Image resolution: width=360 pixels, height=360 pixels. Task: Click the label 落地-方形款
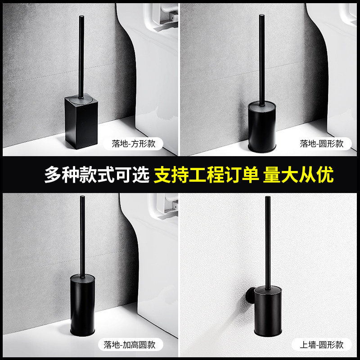click(133, 144)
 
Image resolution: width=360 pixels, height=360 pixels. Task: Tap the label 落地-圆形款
click(322, 144)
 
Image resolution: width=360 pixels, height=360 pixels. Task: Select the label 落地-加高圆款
click(130, 345)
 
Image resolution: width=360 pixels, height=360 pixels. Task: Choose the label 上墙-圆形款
click(322, 345)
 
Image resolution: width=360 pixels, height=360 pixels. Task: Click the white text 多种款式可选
click(97, 175)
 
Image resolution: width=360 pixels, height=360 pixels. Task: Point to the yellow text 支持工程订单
click(207, 175)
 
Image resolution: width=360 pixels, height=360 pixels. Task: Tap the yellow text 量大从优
click(298, 175)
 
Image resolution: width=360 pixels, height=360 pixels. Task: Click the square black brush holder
click(81, 121)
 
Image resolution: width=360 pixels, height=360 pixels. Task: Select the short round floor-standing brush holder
click(262, 127)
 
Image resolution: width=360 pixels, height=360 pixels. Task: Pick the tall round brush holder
click(82, 305)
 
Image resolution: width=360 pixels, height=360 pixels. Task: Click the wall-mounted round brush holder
click(268, 311)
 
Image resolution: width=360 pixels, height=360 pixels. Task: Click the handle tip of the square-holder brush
click(81, 17)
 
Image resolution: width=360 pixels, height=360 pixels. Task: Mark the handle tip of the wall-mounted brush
click(268, 198)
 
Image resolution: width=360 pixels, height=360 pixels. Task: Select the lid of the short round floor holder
click(262, 105)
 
